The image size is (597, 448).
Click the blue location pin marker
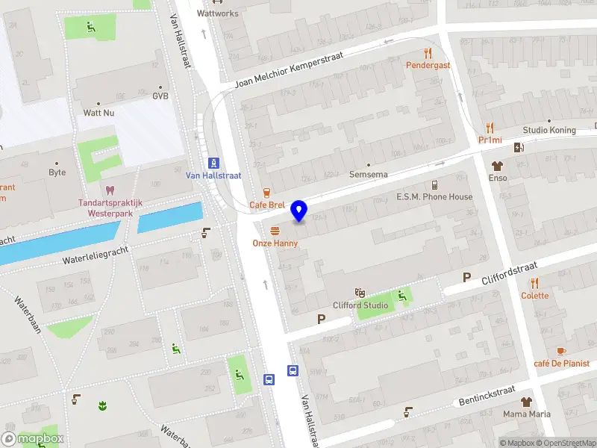pos(299,211)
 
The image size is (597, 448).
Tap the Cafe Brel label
pos(267,205)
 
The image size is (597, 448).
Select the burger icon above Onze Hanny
pos(275,231)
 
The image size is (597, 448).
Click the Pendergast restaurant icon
pos(428,53)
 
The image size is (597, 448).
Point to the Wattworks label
pos(218,13)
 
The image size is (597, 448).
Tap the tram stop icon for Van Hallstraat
pos(213,163)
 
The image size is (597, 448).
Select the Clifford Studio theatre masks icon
pos(360,293)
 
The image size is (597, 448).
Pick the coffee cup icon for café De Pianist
pos(561,351)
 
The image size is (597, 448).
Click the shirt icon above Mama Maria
pos(527,402)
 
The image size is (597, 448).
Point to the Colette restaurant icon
pos(534,283)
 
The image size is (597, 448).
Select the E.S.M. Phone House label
pos(434,197)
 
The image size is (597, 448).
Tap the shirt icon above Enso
pos(497,166)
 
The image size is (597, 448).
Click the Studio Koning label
pos(549,130)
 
